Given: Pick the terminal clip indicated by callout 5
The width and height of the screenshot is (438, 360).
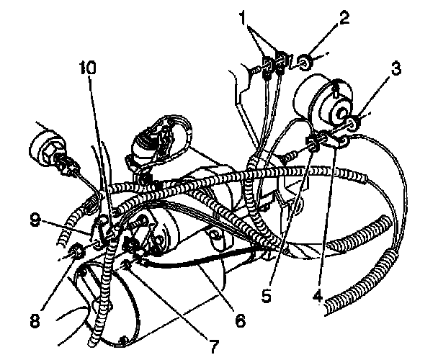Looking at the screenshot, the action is (314, 141).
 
